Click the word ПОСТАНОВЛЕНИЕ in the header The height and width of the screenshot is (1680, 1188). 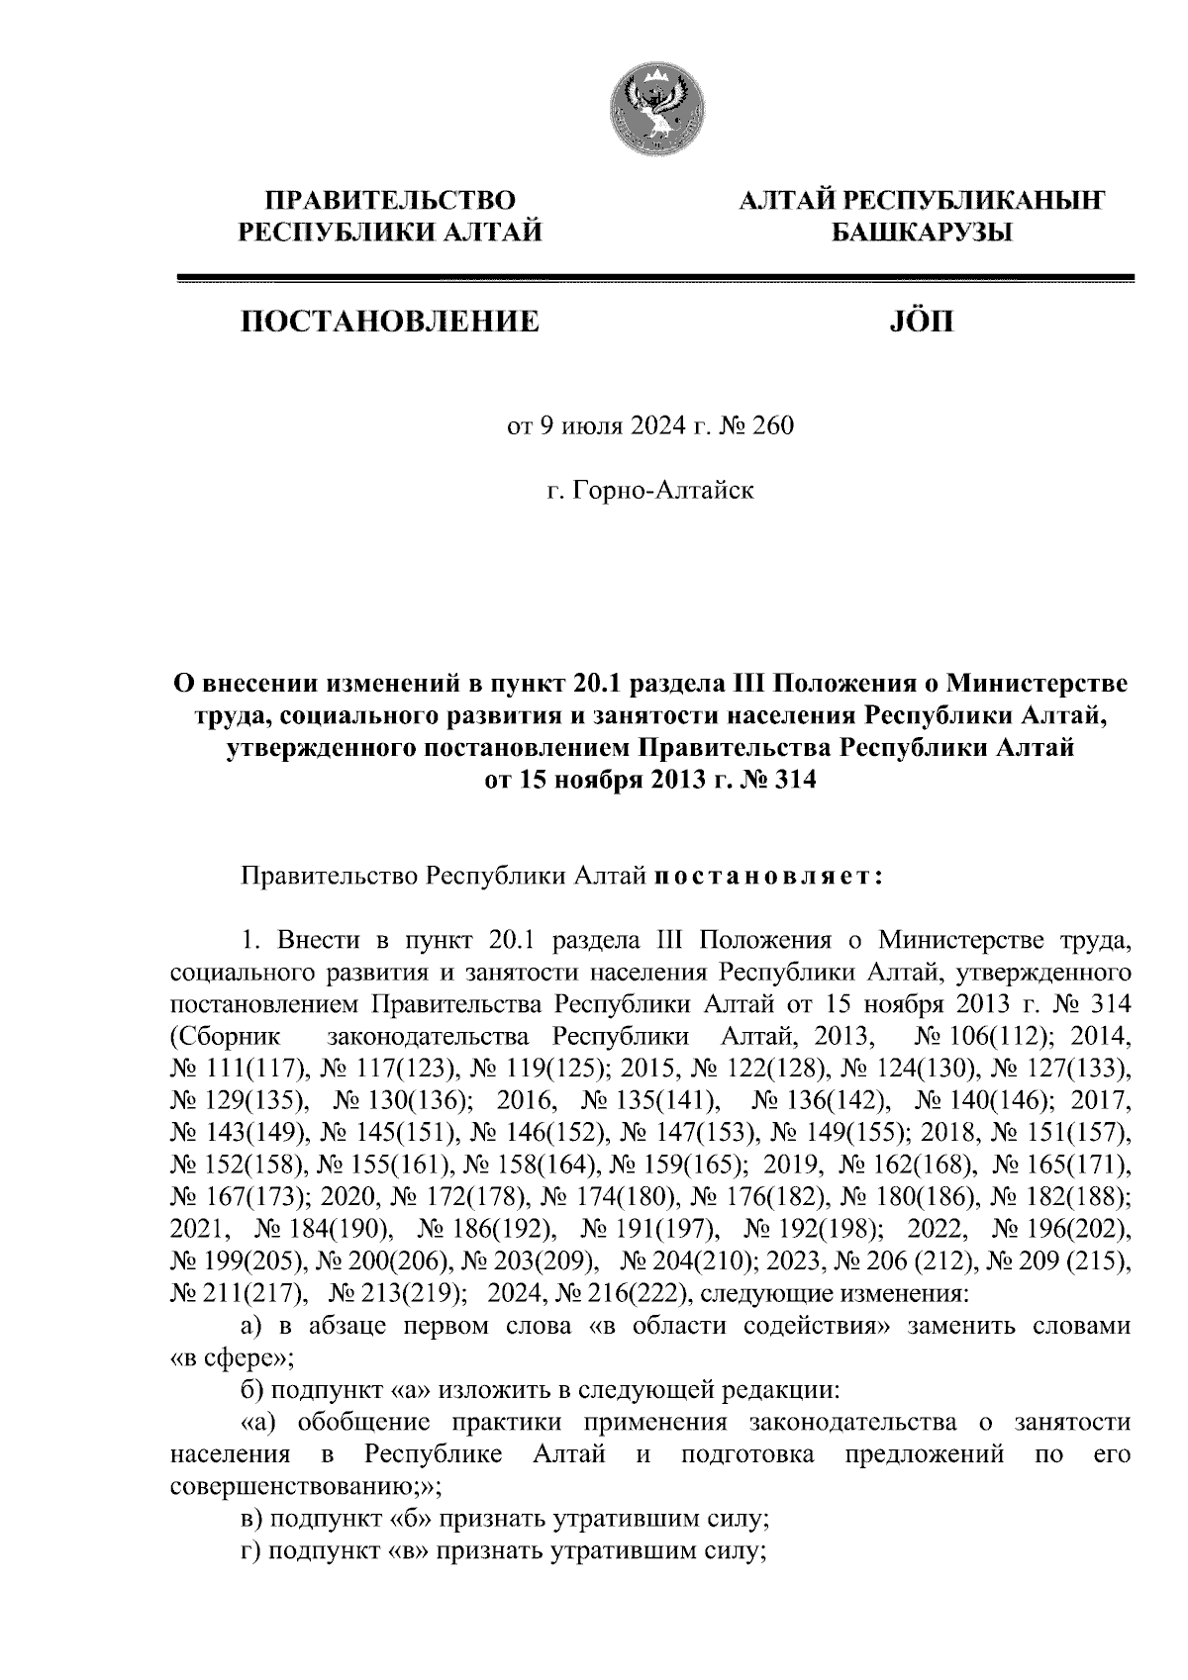pyautogui.click(x=386, y=322)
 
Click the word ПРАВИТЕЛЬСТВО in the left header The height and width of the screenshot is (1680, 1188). pyautogui.click(x=387, y=201)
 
